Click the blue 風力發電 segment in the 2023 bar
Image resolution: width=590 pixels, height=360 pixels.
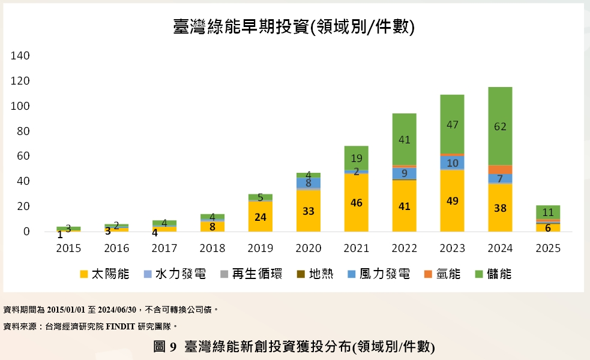pyautogui.click(x=452, y=163)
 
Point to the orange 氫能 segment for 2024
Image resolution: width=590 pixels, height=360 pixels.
pyautogui.click(x=500, y=169)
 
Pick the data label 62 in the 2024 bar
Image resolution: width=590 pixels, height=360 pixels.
pyautogui.click(x=500, y=127)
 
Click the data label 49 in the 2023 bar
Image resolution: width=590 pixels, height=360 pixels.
pyautogui.click(x=452, y=201)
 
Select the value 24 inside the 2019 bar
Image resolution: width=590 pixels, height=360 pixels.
pyautogui.click(x=260, y=217)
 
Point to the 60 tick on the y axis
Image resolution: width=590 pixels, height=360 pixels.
pyautogui.click(x=23, y=156)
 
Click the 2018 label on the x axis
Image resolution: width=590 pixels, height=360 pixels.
pyautogui.click(x=212, y=248)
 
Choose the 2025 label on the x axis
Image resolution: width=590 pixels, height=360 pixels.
pyautogui.click(x=548, y=248)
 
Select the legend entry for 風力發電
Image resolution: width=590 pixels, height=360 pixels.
pyautogui.click(x=379, y=274)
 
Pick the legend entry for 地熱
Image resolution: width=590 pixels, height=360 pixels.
pyautogui.click(x=316, y=274)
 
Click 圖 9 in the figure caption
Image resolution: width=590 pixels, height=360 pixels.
pyautogui.click(x=164, y=346)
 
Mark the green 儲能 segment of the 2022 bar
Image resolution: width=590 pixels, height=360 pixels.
pyautogui.click(x=404, y=139)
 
